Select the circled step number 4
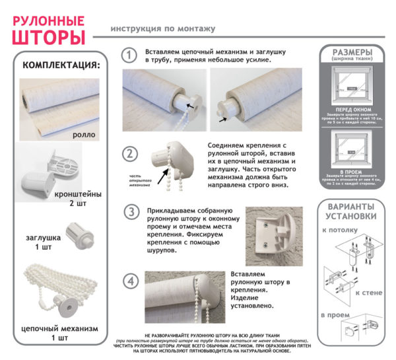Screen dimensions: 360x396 click(x=131, y=281)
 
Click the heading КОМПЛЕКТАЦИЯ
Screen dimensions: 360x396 click(x=62, y=65)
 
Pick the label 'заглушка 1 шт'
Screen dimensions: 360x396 click(x=44, y=242)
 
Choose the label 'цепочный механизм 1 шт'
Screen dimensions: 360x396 click(x=61, y=332)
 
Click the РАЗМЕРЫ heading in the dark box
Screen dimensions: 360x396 click(x=351, y=52)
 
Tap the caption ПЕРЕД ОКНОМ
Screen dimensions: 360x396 click(x=351, y=108)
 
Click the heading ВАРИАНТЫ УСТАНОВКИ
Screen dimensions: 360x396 click(x=352, y=211)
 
